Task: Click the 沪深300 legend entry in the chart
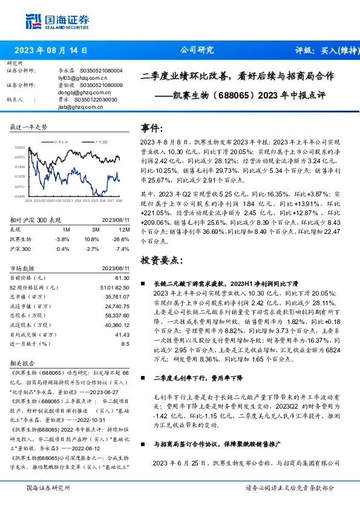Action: [x=99, y=140]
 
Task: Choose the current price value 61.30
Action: [x=123, y=277]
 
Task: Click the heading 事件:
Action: [x=152, y=128]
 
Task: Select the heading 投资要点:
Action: [x=161, y=259]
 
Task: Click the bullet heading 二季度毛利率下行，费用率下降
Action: [x=198, y=377]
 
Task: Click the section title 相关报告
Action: [x=23, y=364]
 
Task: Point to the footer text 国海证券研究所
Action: [x=48, y=487]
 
